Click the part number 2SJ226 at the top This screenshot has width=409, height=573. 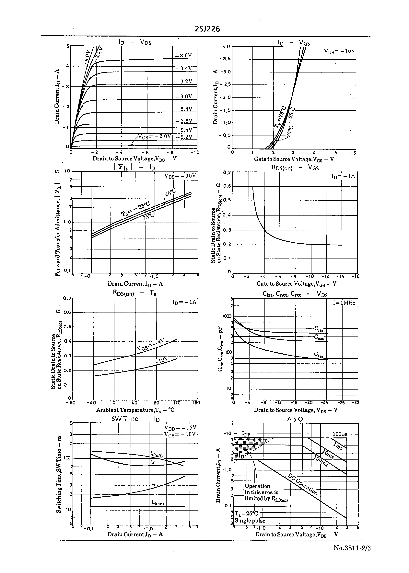(207, 29)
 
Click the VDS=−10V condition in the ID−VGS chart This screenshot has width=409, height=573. (340, 51)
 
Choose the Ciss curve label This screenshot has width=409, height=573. (319, 328)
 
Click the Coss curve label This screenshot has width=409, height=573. (319, 337)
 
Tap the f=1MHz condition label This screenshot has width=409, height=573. (344, 303)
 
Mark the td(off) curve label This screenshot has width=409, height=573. (157, 454)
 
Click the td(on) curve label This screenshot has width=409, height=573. (158, 503)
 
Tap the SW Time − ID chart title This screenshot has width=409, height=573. (135, 419)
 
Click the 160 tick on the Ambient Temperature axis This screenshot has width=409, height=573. (196, 403)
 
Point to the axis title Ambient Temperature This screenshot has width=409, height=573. (135, 410)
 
